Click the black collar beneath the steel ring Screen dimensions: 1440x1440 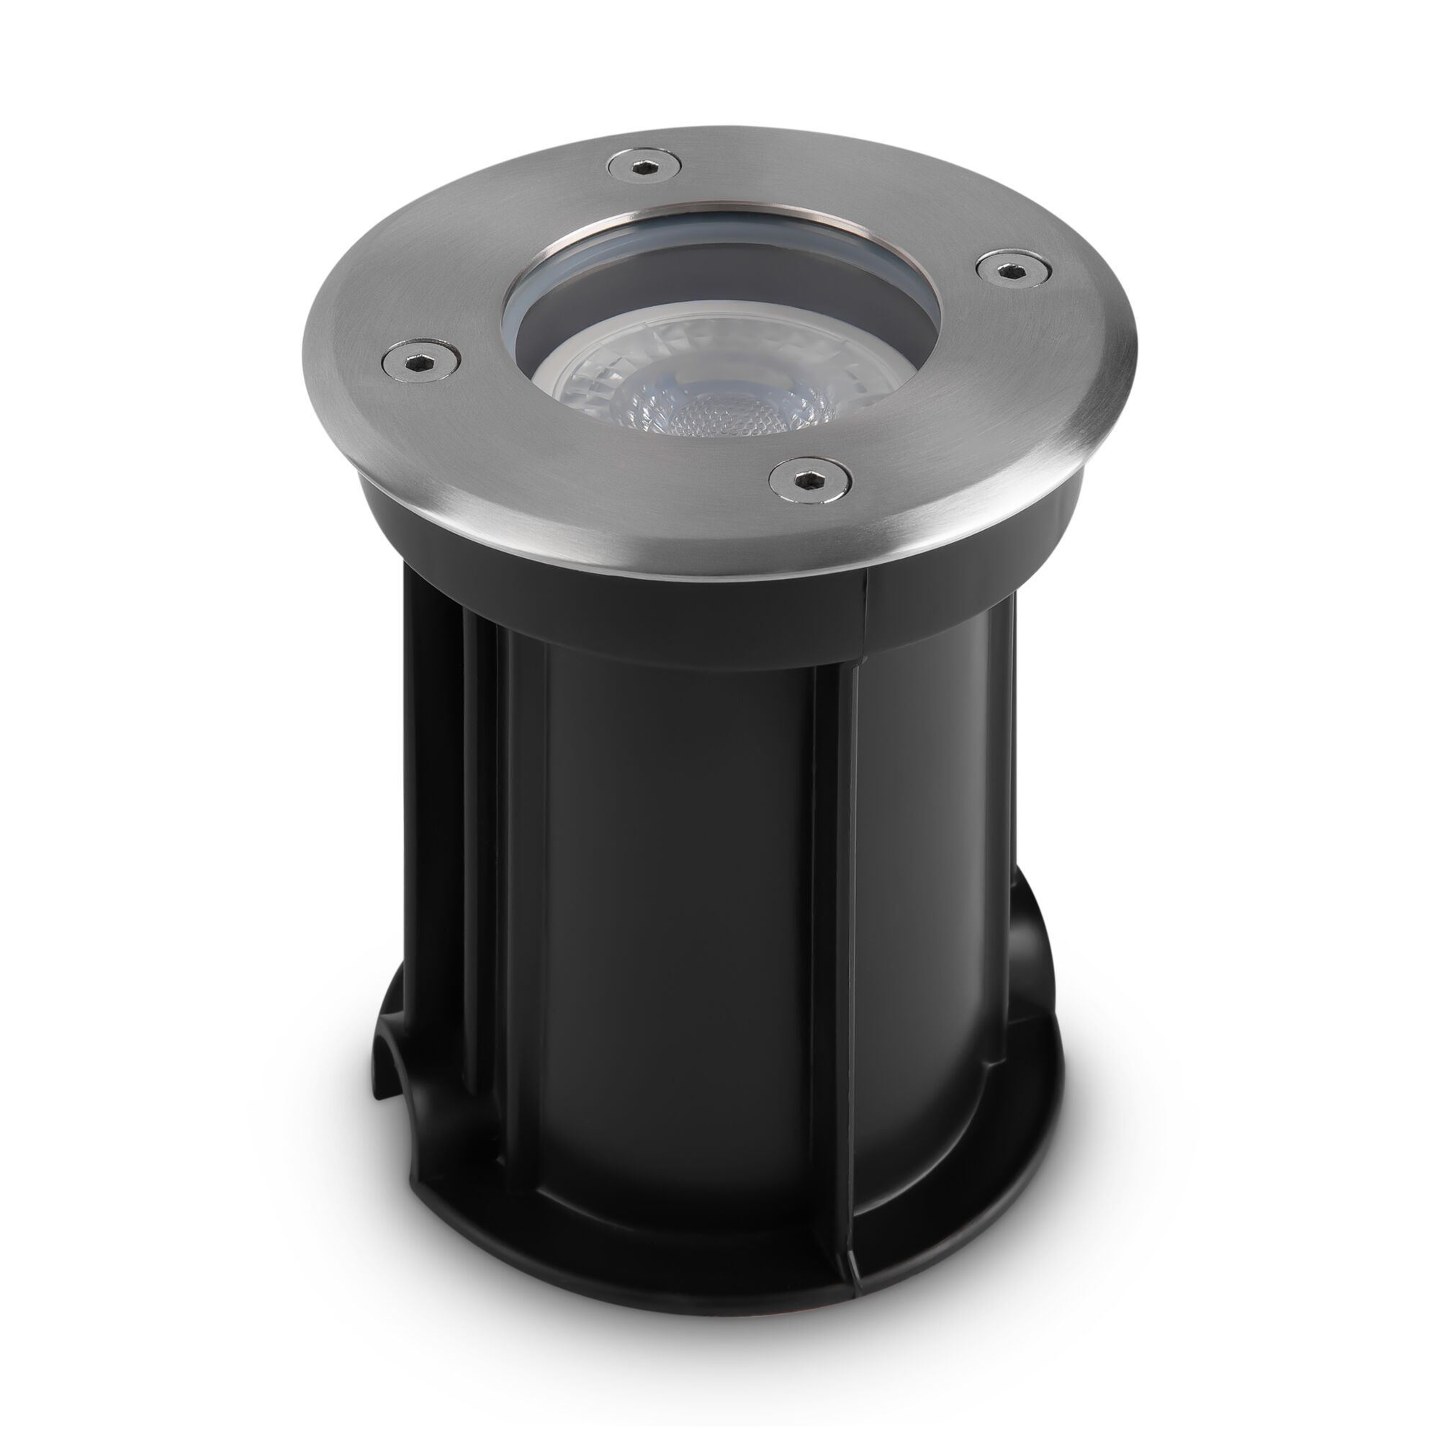596,589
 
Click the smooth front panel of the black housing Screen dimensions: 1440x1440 671,894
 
